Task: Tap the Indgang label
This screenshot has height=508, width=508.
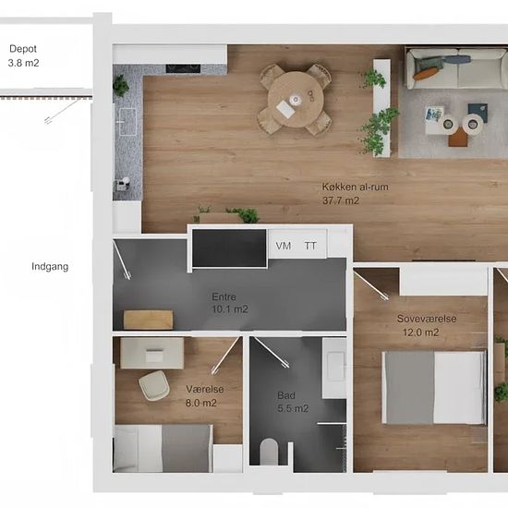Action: [x=50, y=267]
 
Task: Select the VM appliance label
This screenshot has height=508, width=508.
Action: [x=284, y=246]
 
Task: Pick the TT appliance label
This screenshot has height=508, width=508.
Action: [x=310, y=246]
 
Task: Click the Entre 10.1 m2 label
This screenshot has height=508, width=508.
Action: [x=230, y=303]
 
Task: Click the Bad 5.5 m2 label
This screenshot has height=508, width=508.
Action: [x=293, y=402]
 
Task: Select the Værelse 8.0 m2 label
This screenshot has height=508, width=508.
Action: [x=204, y=396]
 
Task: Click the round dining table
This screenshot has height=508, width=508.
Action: [x=296, y=100]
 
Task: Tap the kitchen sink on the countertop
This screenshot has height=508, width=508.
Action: [x=127, y=122]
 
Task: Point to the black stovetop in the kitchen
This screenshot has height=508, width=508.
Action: [x=183, y=68]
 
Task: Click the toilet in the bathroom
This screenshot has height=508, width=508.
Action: [x=269, y=451]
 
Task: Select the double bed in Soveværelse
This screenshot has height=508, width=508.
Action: [x=434, y=388]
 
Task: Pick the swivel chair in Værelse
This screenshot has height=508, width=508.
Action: [x=154, y=385]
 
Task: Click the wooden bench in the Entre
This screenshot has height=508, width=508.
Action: [x=148, y=320]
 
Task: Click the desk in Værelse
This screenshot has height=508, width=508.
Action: [x=152, y=353]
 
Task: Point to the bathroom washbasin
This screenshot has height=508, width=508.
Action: [x=334, y=369]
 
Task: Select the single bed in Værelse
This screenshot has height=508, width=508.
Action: [x=163, y=448]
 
